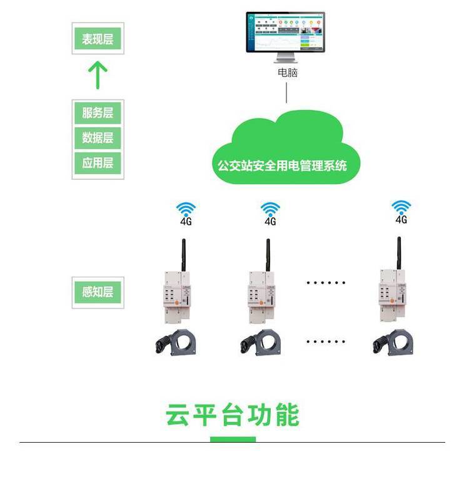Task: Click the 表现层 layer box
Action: tap(98, 39)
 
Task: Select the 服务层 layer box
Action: tap(98, 113)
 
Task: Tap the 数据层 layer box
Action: tap(98, 138)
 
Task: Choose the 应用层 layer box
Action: tap(98, 163)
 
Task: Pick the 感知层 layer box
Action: tap(98, 292)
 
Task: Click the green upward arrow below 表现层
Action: tap(98, 75)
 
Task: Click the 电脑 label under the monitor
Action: tap(287, 72)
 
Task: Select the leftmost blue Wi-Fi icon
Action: tap(185, 208)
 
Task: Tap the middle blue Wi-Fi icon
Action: tap(270, 208)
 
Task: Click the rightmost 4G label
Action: tap(401, 220)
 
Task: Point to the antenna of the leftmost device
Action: tap(184, 254)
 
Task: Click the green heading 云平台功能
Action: tap(233, 415)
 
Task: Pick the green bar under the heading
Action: tap(233, 439)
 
